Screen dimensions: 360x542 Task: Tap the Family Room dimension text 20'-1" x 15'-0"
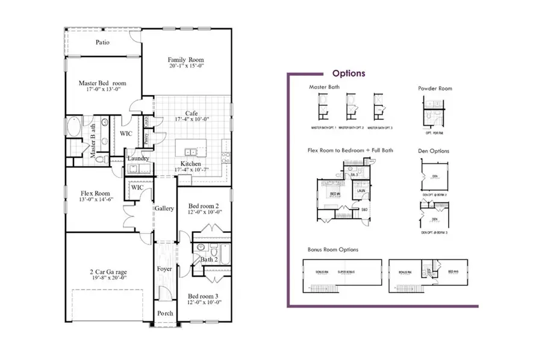185,67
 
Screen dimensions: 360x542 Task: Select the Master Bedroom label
102,83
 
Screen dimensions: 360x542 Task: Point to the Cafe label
191,113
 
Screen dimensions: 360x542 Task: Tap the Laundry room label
138,159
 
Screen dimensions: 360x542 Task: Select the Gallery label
164,208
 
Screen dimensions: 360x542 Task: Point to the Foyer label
164,268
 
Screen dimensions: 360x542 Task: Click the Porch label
165,314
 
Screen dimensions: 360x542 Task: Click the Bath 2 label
209,259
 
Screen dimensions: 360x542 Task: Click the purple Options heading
349,73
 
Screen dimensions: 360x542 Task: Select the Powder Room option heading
435,88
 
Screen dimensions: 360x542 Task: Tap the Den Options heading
434,151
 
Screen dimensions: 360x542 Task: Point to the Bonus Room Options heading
333,249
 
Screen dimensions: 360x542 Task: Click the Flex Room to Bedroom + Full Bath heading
350,150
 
